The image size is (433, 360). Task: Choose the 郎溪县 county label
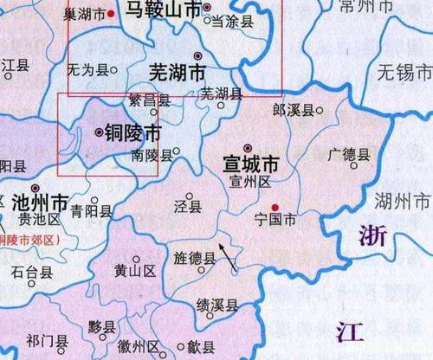pos(290,111)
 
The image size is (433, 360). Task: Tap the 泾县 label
pos(189,207)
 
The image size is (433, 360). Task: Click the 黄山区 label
pos(134,272)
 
